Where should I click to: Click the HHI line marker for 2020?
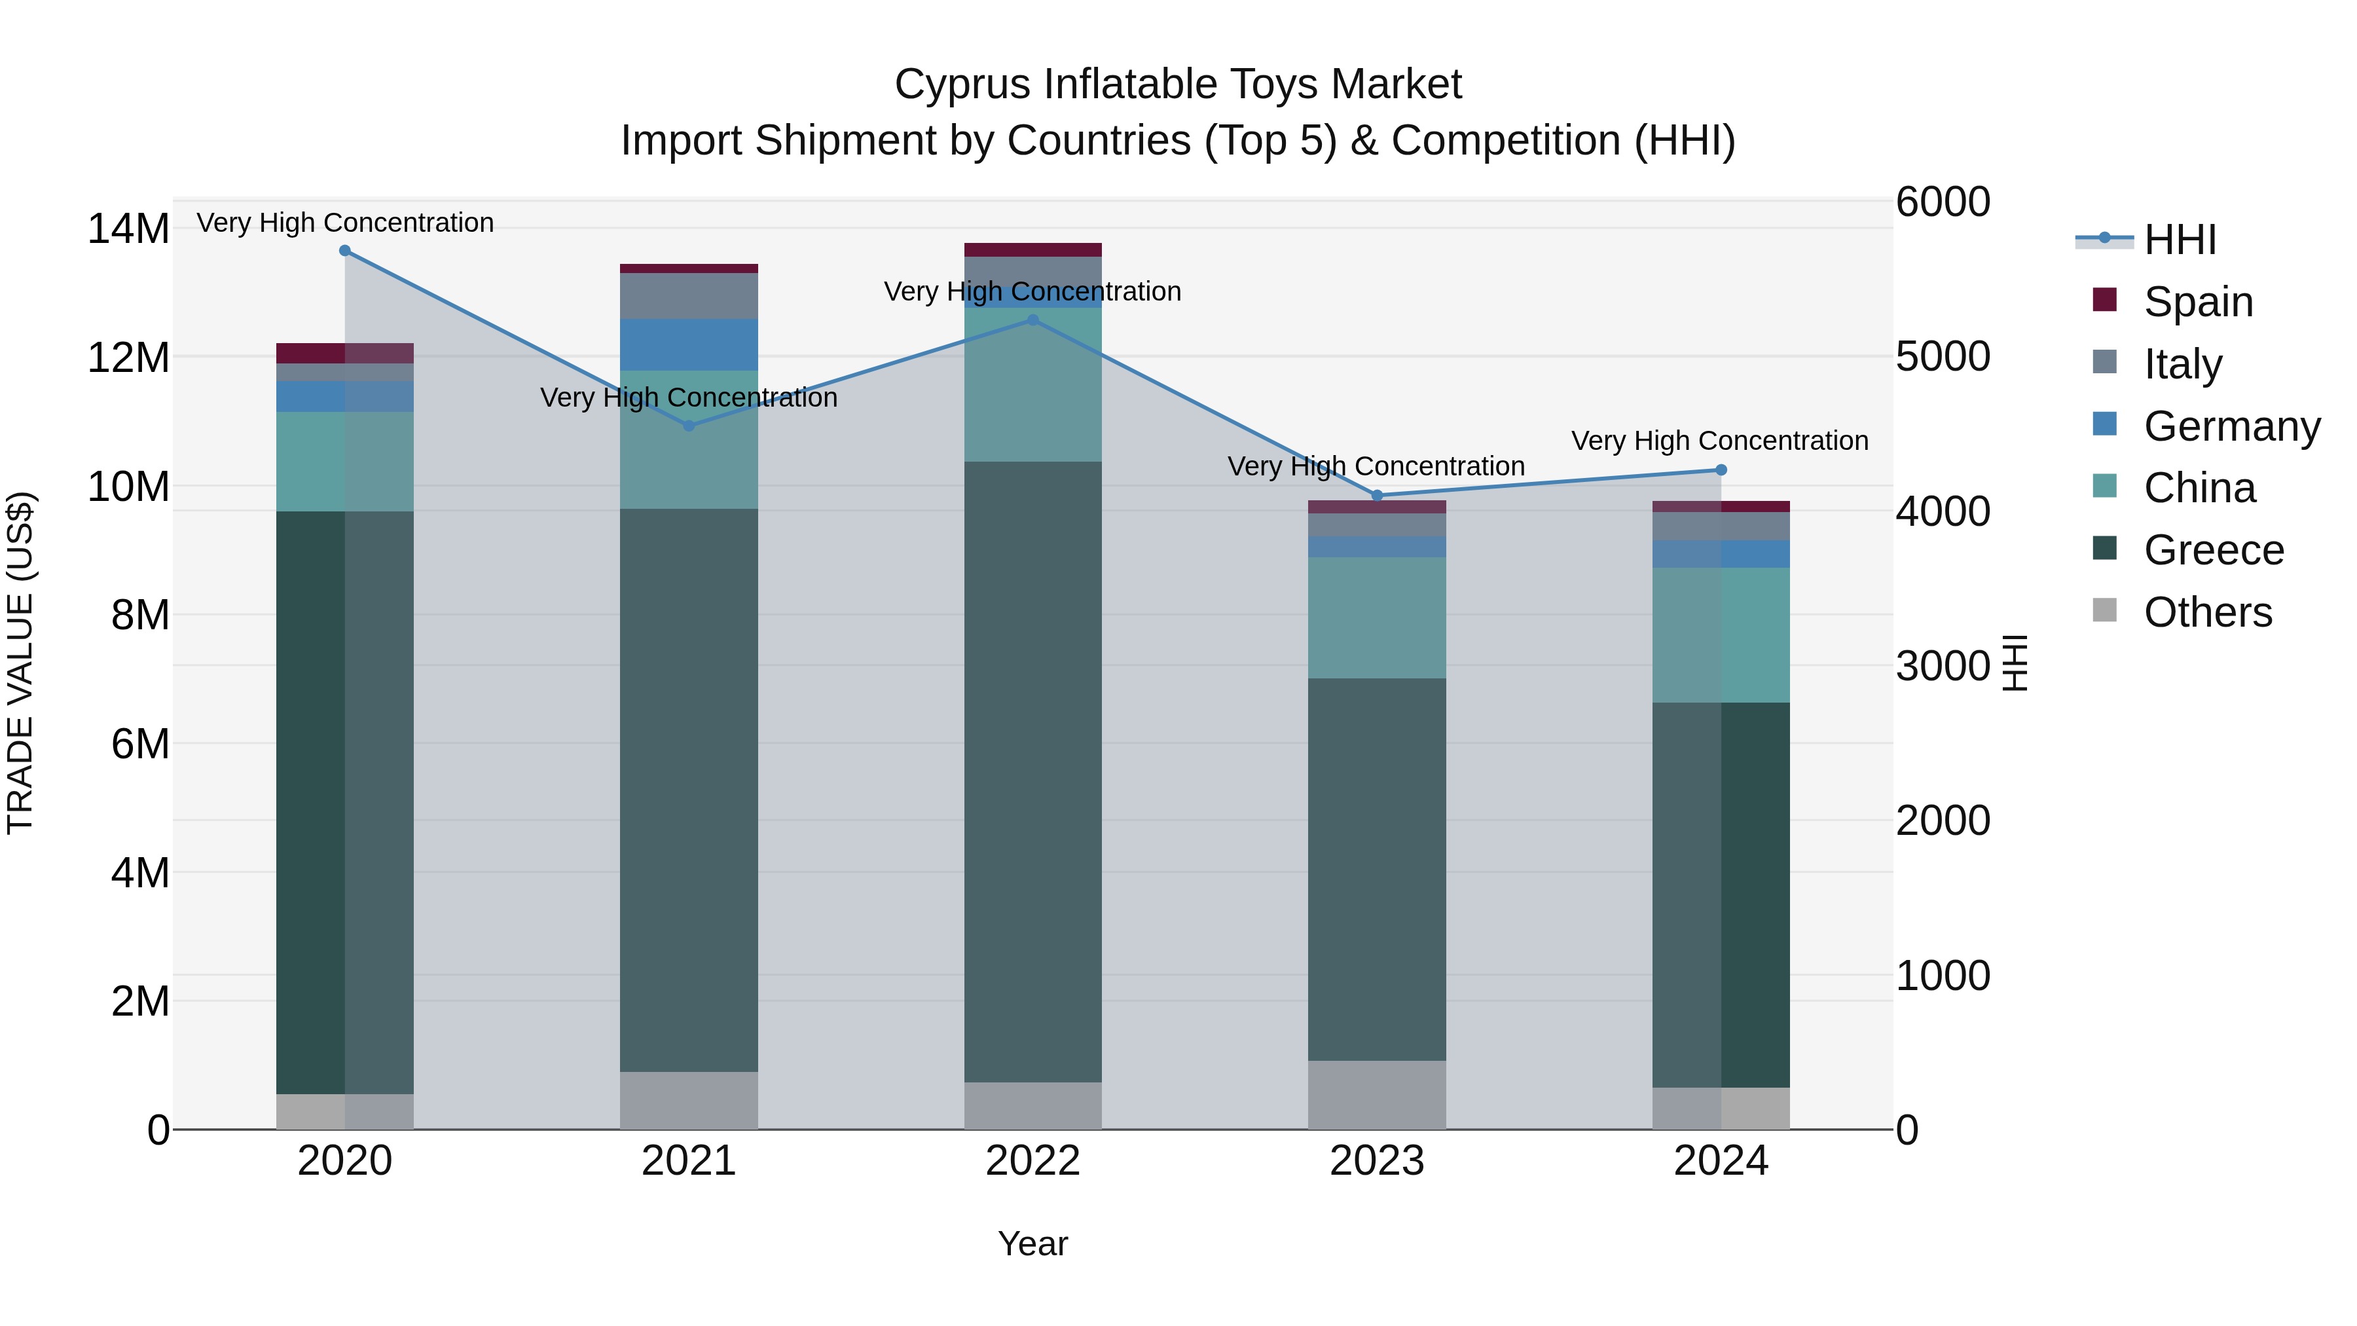tap(345, 251)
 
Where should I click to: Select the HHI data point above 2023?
tap(1377, 495)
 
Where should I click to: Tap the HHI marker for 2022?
tap(1033, 320)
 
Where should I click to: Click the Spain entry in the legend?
tap(2197, 302)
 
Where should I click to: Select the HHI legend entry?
tap(2178, 240)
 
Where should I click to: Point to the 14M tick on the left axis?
tap(128, 229)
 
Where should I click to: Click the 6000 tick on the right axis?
tap(1942, 202)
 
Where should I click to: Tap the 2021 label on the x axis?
tap(689, 1161)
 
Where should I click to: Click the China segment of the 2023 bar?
tap(1377, 617)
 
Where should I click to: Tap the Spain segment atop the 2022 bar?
tap(1033, 250)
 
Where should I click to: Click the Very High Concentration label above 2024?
tap(1719, 441)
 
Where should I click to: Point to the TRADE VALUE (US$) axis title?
tap(20, 663)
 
